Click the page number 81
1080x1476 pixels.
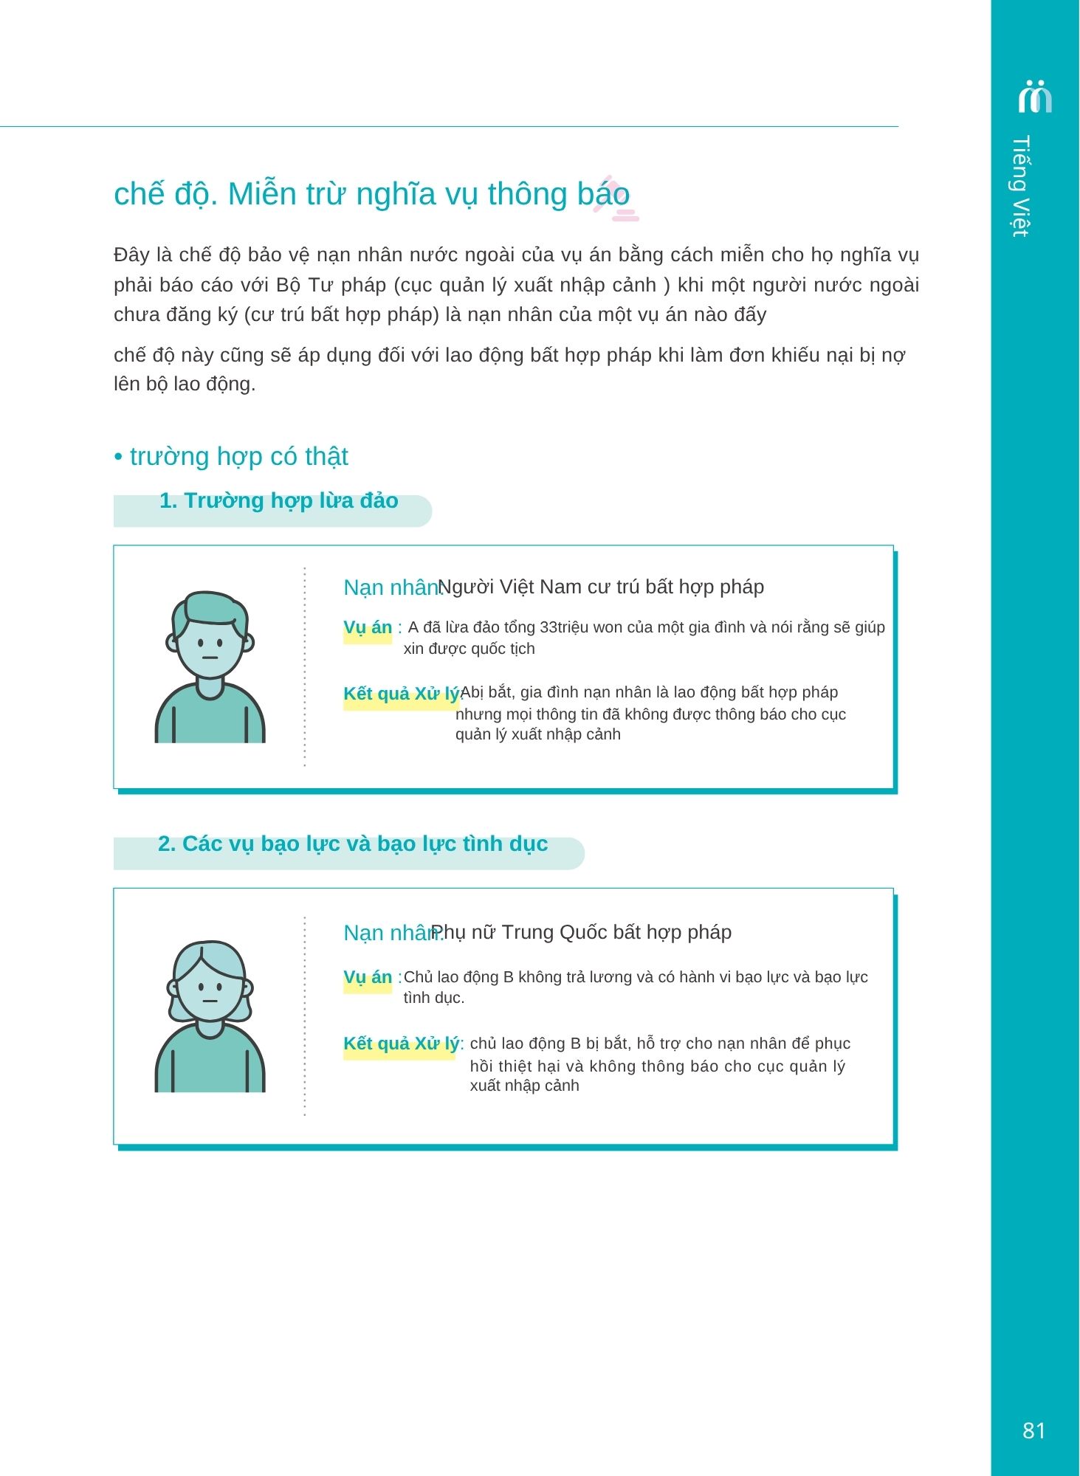(x=1033, y=1430)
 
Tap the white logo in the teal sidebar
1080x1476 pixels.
(x=1034, y=96)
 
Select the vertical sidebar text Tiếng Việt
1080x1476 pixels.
(x=1021, y=186)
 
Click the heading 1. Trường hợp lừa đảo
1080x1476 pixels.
(x=278, y=501)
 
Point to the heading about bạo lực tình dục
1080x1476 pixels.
(x=353, y=844)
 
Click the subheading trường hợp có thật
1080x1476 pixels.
(x=238, y=457)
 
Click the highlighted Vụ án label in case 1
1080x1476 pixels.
(x=368, y=628)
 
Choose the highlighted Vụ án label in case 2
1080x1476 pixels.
(x=368, y=977)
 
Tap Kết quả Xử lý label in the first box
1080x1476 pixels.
(x=401, y=694)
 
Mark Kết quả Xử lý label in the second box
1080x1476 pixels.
(x=401, y=1044)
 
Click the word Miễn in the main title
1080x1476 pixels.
(x=254, y=194)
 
